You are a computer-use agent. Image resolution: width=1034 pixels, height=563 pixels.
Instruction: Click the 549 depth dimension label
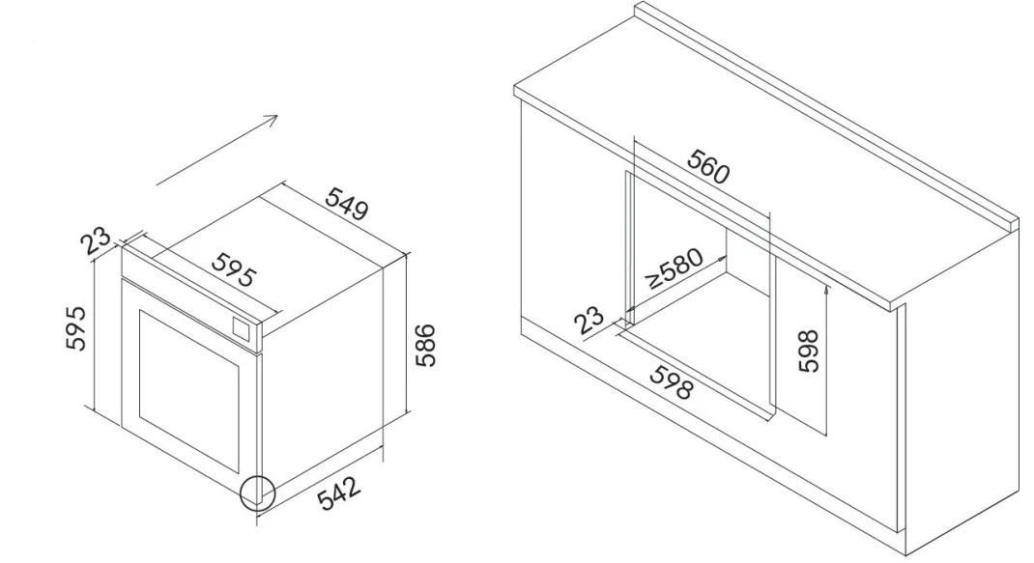(347, 204)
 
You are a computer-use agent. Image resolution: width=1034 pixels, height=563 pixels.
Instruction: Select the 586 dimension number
(426, 345)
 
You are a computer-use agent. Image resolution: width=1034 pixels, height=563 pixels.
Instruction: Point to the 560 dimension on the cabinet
(709, 166)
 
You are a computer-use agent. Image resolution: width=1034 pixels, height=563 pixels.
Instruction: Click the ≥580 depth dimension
(675, 268)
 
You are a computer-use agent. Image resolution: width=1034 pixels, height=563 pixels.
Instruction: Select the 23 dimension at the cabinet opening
(589, 320)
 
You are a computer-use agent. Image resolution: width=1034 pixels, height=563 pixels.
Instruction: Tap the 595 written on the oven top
(234, 270)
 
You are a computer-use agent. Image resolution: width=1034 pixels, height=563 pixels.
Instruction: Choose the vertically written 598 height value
(808, 351)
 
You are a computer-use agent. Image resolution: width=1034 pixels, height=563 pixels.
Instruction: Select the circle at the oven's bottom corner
(256, 493)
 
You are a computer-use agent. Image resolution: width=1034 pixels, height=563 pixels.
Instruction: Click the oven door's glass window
(189, 390)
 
